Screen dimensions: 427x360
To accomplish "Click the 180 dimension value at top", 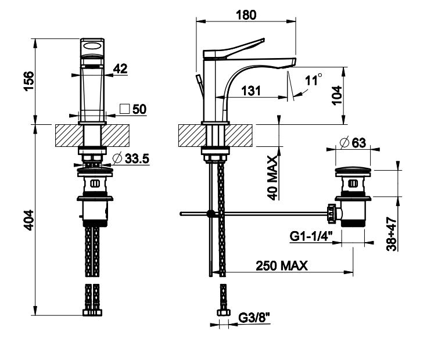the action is coord(246,15).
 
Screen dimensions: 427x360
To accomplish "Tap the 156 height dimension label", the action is coord(30,81).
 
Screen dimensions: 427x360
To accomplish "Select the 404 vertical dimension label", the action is coord(29,220).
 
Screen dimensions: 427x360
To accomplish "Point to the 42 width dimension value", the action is coord(120,69).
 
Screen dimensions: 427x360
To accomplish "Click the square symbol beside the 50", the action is coord(125,109).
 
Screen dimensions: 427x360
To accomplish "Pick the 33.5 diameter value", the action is coord(137,159).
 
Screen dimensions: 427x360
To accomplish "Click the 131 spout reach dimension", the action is coord(251,91).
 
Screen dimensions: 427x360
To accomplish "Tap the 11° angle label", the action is coord(314,80).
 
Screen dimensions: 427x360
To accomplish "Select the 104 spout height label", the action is coord(337,95).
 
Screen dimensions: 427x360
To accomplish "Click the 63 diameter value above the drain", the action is coord(359,143).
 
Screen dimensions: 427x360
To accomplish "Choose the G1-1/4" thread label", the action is coord(311,236).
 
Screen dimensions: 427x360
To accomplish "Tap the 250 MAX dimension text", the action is coord(282,265).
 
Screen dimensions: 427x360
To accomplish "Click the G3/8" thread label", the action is coord(254,317).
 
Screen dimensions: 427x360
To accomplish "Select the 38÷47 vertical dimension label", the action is coord(392,234).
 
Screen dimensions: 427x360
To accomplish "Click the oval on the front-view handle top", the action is coord(92,46).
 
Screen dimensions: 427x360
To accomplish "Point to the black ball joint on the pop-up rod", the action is coord(210,214).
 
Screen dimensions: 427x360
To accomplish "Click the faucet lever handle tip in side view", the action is coord(263,39).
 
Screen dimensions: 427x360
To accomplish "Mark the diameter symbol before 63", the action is coord(345,143).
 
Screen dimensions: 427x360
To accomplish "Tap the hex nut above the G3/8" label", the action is coord(224,312).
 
